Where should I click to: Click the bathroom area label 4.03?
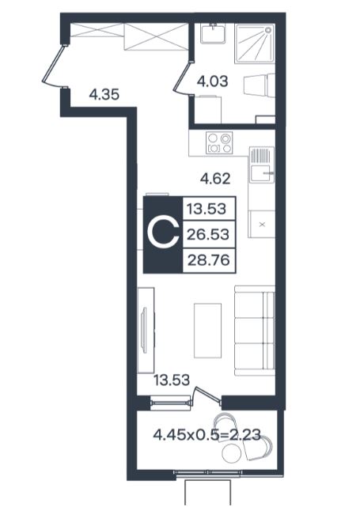click(x=213, y=81)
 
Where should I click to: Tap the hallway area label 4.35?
click(x=104, y=95)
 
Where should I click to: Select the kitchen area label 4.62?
click(x=215, y=179)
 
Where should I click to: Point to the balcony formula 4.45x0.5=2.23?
click(x=207, y=434)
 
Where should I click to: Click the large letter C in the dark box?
click(x=163, y=234)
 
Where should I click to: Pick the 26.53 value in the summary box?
click(x=208, y=234)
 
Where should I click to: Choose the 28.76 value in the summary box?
click(x=209, y=259)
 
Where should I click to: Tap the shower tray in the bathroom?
click(x=255, y=44)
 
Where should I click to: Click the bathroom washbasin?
click(x=213, y=33)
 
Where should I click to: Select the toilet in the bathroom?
click(x=259, y=85)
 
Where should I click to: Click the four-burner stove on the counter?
click(x=219, y=143)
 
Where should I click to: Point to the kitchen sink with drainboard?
click(x=262, y=165)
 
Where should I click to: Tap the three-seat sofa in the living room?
click(x=255, y=331)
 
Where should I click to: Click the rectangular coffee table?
click(x=207, y=331)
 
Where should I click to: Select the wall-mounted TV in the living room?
click(x=144, y=331)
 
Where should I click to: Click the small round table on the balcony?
click(x=232, y=452)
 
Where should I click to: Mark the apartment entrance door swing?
click(x=53, y=66)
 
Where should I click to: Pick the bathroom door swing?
click(x=183, y=78)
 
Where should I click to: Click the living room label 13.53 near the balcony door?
click(x=172, y=380)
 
